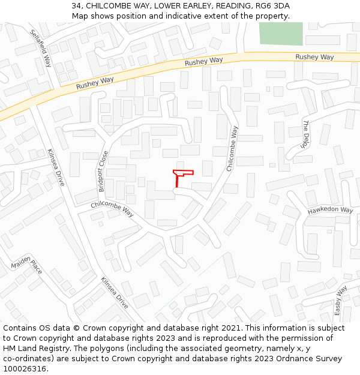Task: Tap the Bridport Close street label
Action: click(x=103, y=171)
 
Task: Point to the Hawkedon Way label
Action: click(x=331, y=211)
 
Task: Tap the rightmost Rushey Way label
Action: click(x=314, y=57)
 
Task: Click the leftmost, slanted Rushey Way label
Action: click(x=95, y=83)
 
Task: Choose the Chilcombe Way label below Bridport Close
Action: click(x=112, y=209)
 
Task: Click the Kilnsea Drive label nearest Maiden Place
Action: click(x=114, y=292)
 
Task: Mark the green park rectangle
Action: click(x=281, y=34)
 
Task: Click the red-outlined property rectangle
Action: click(x=183, y=173)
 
